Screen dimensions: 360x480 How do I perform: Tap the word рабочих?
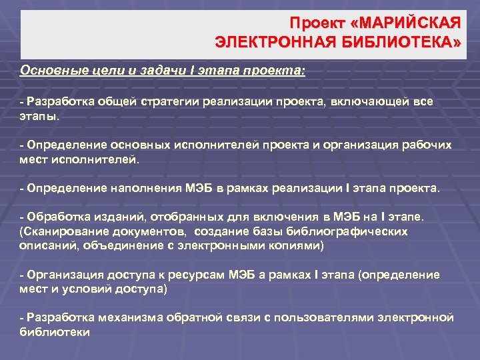pos(426,145)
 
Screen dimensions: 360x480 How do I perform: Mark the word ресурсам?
pos(200,275)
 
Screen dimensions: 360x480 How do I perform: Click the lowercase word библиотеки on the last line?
pos(55,331)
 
